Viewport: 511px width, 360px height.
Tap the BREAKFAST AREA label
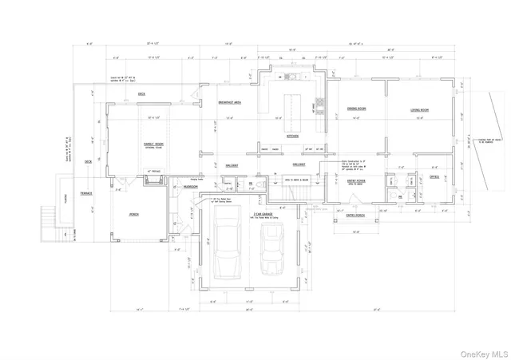(x=230, y=103)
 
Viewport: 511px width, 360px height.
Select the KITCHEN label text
(x=292, y=136)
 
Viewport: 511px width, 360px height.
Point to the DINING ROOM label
(x=356, y=109)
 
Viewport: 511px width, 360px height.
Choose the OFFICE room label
(x=434, y=176)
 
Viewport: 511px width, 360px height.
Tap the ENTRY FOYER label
(x=355, y=181)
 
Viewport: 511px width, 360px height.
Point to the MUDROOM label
(x=190, y=186)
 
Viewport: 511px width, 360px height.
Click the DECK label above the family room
(x=141, y=94)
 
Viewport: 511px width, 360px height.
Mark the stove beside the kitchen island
(x=321, y=103)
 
